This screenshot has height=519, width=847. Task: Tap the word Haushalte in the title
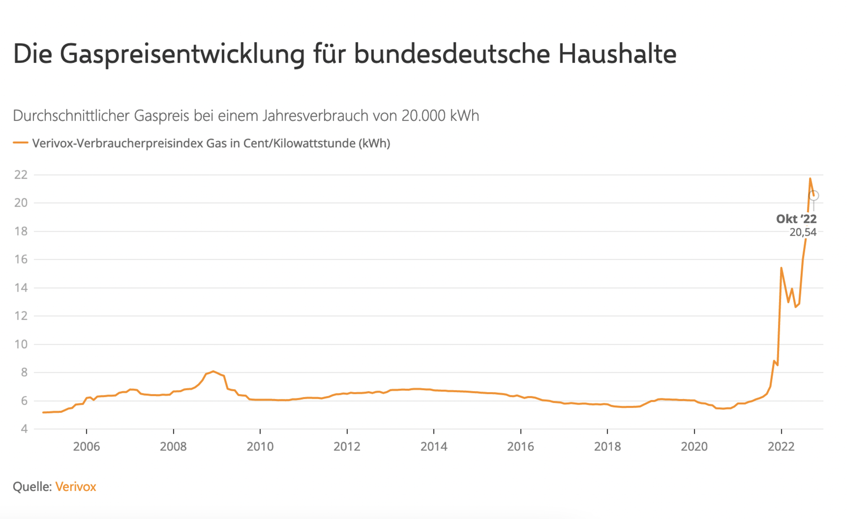point(617,54)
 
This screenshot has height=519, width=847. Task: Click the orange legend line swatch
point(20,143)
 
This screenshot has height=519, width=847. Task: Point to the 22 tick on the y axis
point(21,175)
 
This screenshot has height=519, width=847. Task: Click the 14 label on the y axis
point(21,288)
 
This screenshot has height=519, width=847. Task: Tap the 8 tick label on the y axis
point(24,373)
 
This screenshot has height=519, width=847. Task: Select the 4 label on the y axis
point(24,429)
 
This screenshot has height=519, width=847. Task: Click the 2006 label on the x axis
point(86,447)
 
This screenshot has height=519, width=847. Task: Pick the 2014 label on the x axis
point(434,447)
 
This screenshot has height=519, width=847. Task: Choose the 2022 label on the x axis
point(781,447)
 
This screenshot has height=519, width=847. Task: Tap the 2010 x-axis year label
point(260,447)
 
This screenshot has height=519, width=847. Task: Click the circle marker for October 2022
point(814,196)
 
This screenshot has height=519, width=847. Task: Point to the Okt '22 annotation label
point(796,219)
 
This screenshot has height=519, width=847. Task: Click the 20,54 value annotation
point(803,232)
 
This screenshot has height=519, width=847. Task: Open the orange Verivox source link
point(76,487)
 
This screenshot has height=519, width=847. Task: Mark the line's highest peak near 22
point(810,179)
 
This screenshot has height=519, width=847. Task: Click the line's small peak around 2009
point(213,371)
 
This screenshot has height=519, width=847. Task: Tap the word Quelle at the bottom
point(32,487)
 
